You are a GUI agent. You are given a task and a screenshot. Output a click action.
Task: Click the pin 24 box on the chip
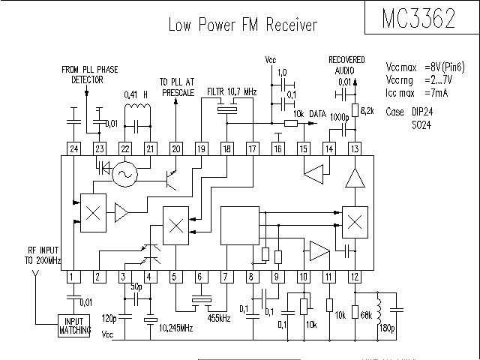tap(73, 148)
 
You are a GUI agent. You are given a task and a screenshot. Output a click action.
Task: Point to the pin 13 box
tap(354, 148)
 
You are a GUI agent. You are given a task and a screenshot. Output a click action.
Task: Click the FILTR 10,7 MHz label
tap(232, 91)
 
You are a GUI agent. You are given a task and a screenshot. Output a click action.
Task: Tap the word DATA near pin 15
tap(319, 113)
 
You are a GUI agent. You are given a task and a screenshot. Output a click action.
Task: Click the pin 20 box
tap(175, 148)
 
